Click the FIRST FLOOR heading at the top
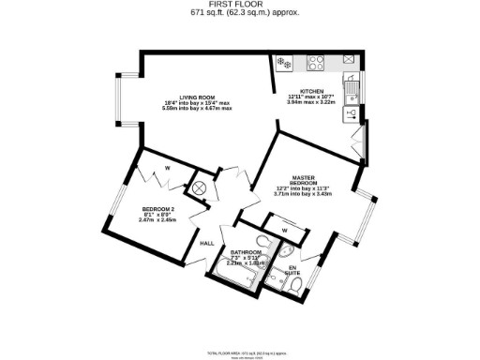click(x=239, y=5)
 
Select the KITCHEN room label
click(x=306, y=92)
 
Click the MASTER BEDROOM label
click(x=302, y=178)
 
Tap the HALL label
click(x=207, y=243)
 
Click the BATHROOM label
click(x=244, y=252)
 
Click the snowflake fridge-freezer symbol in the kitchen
click(x=281, y=63)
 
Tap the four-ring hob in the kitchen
click(x=316, y=64)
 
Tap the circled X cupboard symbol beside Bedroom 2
click(x=199, y=187)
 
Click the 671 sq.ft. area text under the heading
click(x=239, y=14)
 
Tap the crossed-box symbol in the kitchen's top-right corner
click(x=349, y=59)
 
